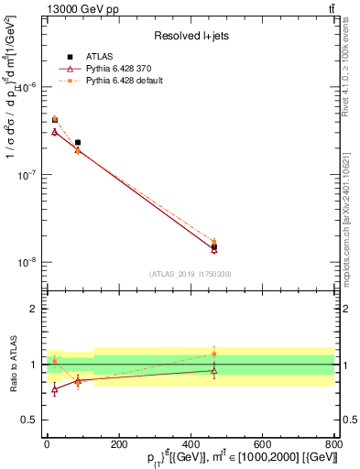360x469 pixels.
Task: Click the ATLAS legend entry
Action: (99, 57)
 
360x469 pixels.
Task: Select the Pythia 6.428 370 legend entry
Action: (116, 69)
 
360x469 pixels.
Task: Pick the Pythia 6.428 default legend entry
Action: (121, 81)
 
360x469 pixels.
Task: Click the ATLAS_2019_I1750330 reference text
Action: (191, 274)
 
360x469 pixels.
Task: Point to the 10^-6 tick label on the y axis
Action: (28, 87)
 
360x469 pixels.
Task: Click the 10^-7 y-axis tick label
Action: (28, 174)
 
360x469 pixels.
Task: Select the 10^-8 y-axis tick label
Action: (28, 262)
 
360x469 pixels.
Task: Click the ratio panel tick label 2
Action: (34, 309)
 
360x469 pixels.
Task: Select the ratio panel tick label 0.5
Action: (30, 420)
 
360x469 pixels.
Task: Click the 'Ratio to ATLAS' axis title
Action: (12, 364)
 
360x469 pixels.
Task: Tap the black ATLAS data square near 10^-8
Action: (213, 246)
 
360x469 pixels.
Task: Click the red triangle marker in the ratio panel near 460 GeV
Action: (213, 370)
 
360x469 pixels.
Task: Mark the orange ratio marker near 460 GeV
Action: (213, 354)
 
